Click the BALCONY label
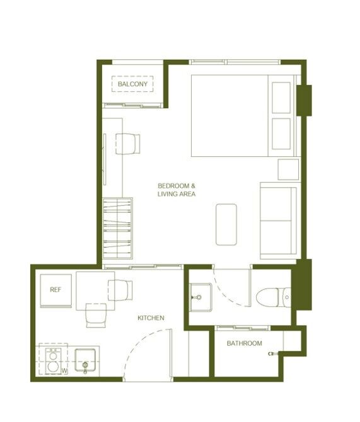tap(132, 84)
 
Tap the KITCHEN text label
tap(151, 318)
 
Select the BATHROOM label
tap(245, 343)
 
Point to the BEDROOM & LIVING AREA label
tap(177, 190)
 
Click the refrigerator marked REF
tap(55, 290)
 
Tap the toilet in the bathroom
tap(273, 297)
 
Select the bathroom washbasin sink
tap(200, 297)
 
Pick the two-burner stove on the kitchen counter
tap(53, 361)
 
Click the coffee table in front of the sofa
tap(226, 224)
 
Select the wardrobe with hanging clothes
tap(117, 228)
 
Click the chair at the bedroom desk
tap(128, 144)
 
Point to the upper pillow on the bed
tap(281, 98)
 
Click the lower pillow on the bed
tap(281, 134)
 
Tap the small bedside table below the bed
tap(288, 169)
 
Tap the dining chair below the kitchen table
tap(96, 316)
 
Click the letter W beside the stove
tap(64, 371)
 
